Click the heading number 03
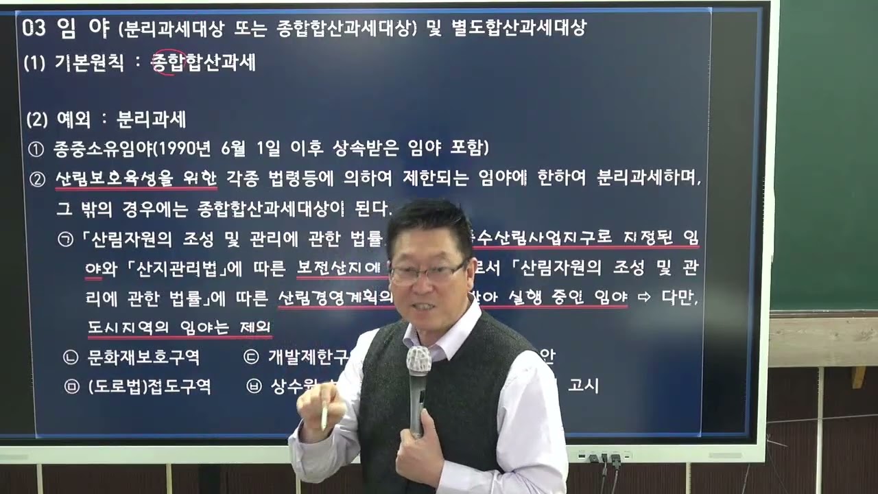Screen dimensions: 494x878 coord(34,29)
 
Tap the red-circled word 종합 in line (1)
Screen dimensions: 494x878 coord(168,62)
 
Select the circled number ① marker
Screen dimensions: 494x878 coord(36,148)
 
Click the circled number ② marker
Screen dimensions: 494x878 coord(37,180)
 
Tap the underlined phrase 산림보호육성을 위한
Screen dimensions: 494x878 coord(136,179)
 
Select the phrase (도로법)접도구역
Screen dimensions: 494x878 coord(149,387)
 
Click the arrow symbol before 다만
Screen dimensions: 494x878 coord(643,298)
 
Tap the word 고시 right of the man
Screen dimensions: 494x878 coord(583,386)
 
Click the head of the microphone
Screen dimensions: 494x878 coord(418,360)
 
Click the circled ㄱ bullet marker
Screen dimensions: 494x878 coord(65,239)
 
